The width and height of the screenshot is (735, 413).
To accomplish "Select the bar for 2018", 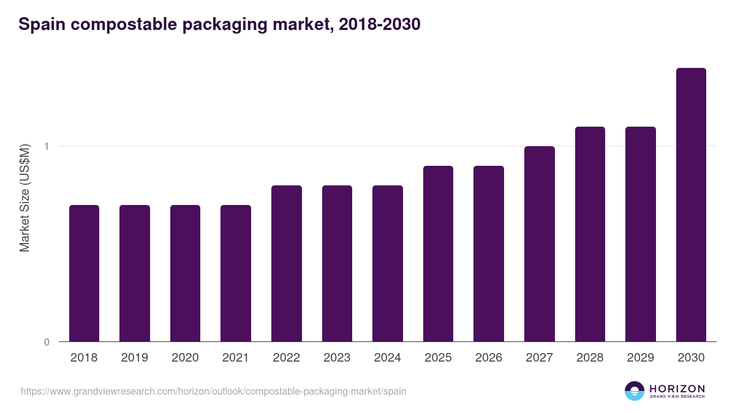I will [x=84, y=273].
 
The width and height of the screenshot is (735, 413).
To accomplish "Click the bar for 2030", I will [x=691, y=205].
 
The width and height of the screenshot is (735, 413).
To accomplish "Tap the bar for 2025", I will [x=438, y=254].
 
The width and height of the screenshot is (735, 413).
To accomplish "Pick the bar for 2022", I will [x=287, y=264].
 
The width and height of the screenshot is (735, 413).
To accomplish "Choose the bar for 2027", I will [x=539, y=244].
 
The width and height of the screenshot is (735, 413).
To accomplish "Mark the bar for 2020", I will [x=185, y=273].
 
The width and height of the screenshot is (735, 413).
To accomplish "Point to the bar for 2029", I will [x=640, y=234].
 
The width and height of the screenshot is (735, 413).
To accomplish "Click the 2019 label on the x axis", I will [x=134, y=358].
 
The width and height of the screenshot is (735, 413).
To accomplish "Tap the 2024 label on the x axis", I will [x=387, y=358].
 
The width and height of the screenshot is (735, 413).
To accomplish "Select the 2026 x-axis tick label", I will [x=488, y=358].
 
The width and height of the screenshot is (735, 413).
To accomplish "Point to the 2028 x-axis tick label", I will [x=590, y=358].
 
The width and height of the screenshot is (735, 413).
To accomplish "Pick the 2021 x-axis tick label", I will [x=235, y=358].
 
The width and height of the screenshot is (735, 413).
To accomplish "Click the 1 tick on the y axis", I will [x=47, y=146].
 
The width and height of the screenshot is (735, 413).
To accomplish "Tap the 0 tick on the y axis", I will [x=47, y=342].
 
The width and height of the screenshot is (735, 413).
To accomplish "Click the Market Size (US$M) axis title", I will [x=24, y=198].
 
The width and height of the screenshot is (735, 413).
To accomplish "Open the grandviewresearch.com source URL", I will [x=213, y=391].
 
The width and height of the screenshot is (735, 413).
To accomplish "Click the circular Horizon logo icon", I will [x=635, y=391].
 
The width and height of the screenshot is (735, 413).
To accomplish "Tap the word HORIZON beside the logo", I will [x=677, y=388].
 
